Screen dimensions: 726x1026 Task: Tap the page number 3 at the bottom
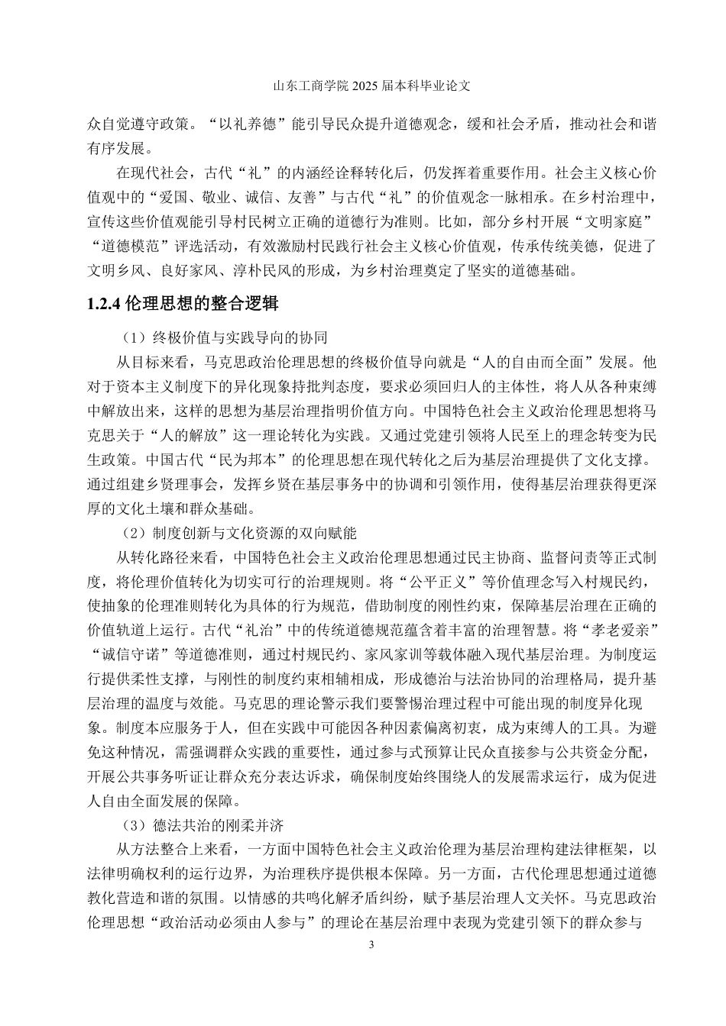pos(371,946)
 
